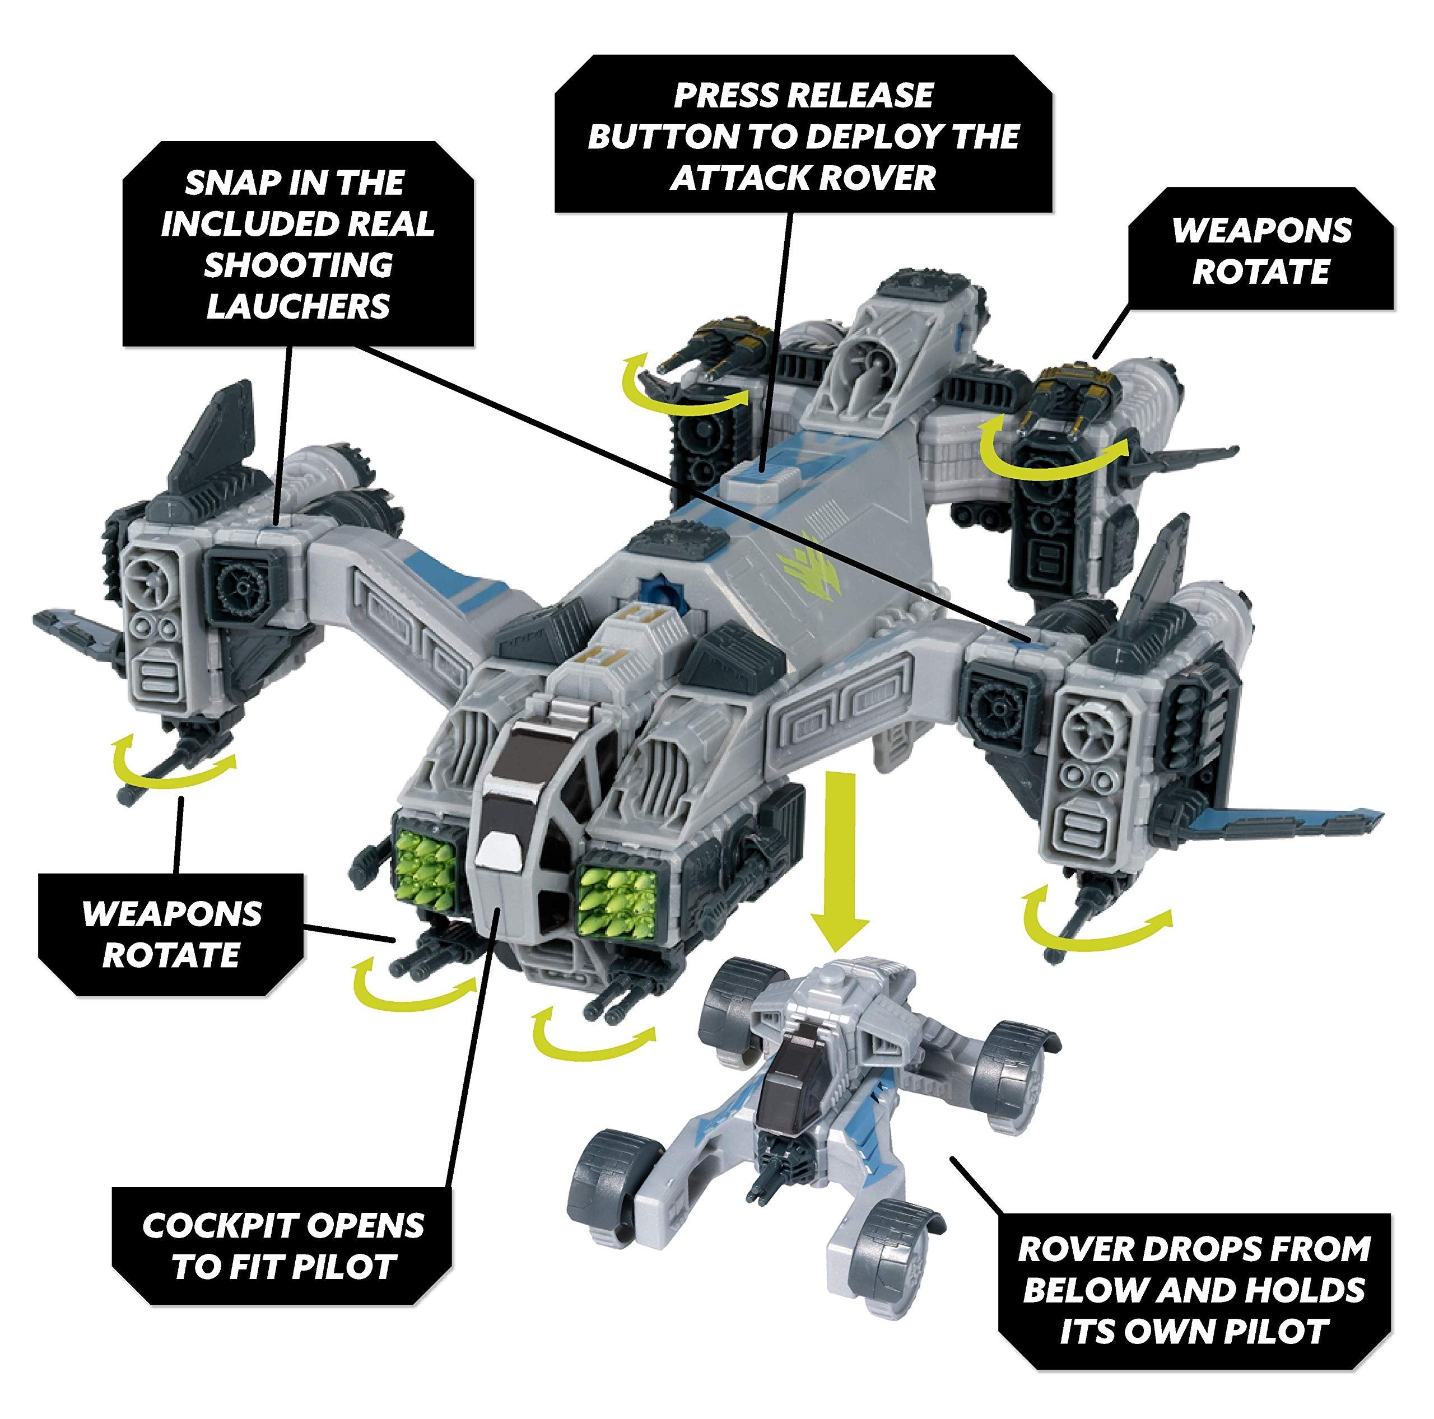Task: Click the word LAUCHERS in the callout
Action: [297, 306]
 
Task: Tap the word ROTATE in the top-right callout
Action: [1261, 271]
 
